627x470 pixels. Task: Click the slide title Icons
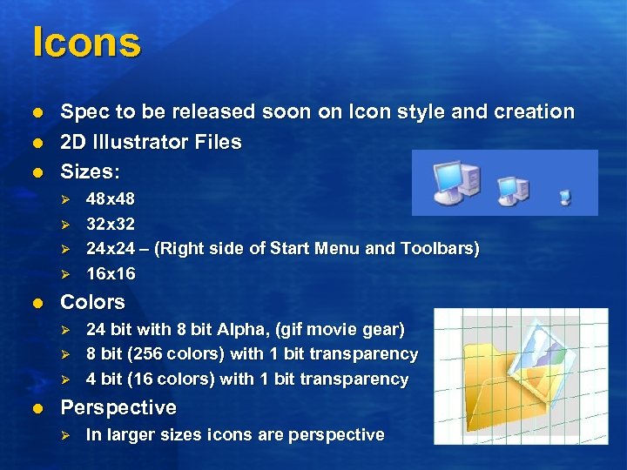pos(85,43)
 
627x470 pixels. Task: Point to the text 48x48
pos(110,199)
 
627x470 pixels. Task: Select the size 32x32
pos(110,224)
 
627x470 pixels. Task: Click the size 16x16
pos(110,274)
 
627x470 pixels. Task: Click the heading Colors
pos(91,303)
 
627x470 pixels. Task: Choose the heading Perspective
pos(118,408)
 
